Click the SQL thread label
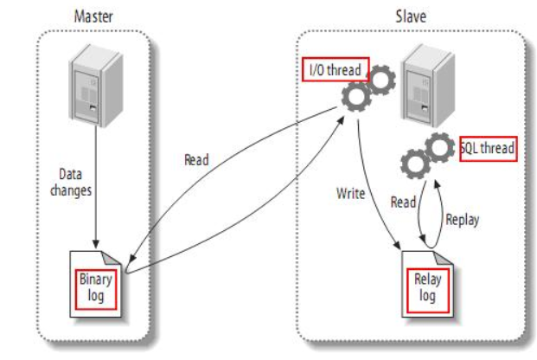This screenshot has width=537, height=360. point(489,149)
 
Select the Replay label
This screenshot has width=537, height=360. point(462,220)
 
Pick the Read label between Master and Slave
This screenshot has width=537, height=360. point(197,160)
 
